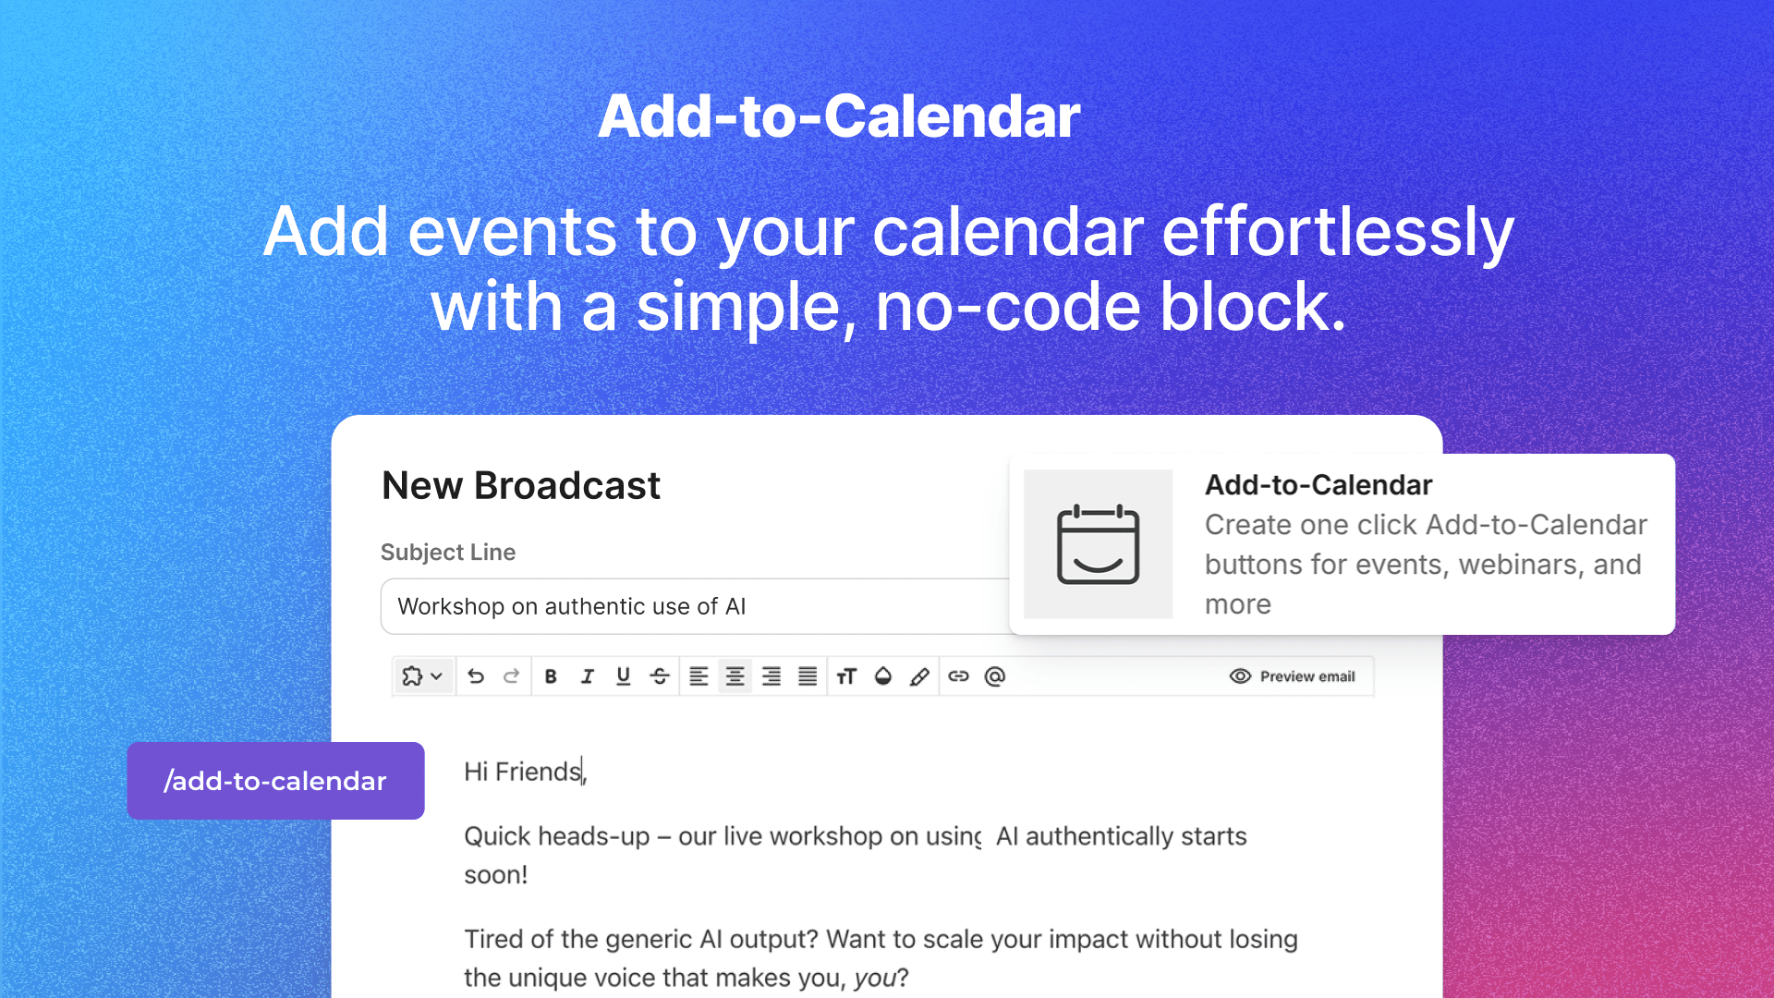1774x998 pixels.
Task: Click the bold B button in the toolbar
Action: tap(551, 676)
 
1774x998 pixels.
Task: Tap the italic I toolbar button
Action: tap(587, 676)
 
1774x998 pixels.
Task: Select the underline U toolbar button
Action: tap(624, 676)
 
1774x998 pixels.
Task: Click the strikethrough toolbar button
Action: tap(660, 676)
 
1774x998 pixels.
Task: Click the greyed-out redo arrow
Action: tap(511, 676)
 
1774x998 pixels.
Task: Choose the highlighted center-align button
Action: tap(735, 676)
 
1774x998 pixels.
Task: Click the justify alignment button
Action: tap(808, 676)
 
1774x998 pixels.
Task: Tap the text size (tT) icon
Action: tap(846, 676)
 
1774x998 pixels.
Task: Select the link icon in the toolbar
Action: tap(958, 676)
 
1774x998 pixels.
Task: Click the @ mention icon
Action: tap(995, 676)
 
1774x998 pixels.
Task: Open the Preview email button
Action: tap(1293, 676)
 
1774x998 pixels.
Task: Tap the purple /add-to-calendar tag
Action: tap(275, 781)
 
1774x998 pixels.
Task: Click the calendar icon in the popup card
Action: tap(1098, 544)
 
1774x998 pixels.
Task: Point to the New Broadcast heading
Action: tap(521, 486)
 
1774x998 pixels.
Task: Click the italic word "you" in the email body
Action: tap(874, 978)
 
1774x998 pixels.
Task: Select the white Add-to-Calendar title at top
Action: tap(839, 116)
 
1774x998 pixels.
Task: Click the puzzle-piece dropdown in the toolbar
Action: tap(423, 676)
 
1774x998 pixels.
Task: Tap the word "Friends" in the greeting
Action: tap(538, 772)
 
